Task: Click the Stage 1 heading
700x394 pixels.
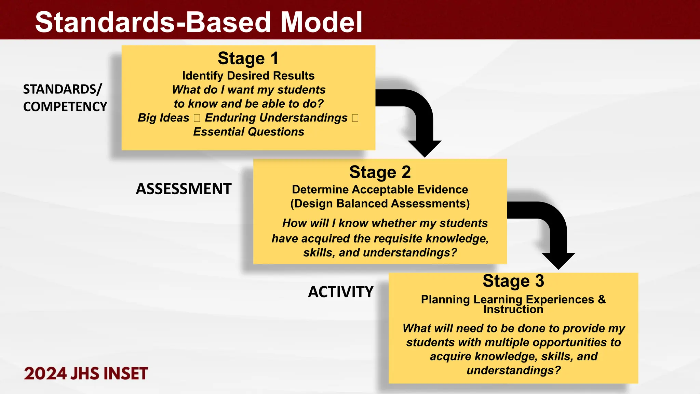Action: pyautogui.click(x=248, y=58)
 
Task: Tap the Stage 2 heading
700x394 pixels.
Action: pyautogui.click(x=380, y=172)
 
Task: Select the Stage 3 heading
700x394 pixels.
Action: pyautogui.click(x=513, y=281)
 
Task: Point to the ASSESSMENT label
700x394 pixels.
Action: pyautogui.click(x=184, y=189)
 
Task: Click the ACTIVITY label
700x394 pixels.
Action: pyautogui.click(x=340, y=292)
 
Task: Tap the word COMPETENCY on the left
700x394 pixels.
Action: pyautogui.click(x=65, y=107)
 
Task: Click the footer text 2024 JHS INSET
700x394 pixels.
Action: pyautogui.click(x=86, y=373)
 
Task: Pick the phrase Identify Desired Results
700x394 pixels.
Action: pyautogui.click(x=248, y=76)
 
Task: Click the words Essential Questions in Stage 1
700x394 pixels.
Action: pyautogui.click(x=248, y=132)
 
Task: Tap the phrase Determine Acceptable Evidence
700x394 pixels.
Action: pyautogui.click(x=380, y=189)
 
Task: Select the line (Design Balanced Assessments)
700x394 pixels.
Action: pyautogui.click(x=380, y=203)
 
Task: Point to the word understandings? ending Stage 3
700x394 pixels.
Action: pyautogui.click(x=513, y=370)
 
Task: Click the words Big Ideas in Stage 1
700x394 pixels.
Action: pyautogui.click(x=163, y=118)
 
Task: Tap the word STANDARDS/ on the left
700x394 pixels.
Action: pyautogui.click(x=62, y=89)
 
